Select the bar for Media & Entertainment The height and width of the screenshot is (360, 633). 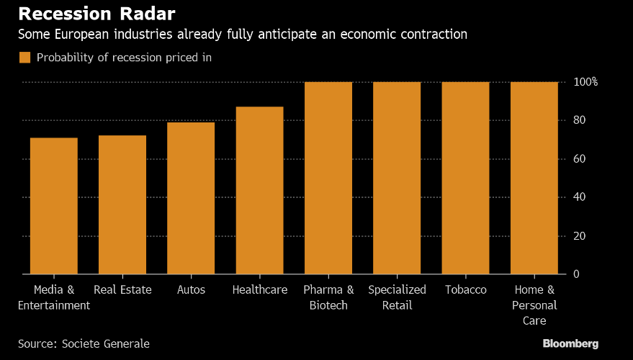pyautogui.click(x=54, y=205)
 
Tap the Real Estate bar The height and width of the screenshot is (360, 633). pyautogui.click(x=122, y=204)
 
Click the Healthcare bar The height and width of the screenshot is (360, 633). pyautogui.click(x=259, y=190)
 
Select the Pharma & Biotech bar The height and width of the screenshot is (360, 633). pyautogui.click(x=328, y=178)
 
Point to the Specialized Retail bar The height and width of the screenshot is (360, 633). pyautogui.click(x=397, y=178)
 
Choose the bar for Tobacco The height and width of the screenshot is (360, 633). pyautogui.click(x=465, y=178)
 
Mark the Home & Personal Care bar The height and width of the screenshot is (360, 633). pyautogui.click(x=534, y=178)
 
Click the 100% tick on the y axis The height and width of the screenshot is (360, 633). pyautogui.click(x=585, y=82)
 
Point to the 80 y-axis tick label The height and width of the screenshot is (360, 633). pyautogui.click(x=580, y=120)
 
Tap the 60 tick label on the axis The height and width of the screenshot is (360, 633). pyautogui.click(x=580, y=158)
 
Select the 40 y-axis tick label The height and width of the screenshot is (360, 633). pyautogui.click(x=580, y=197)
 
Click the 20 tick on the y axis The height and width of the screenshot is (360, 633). pyautogui.click(x=580, y=235)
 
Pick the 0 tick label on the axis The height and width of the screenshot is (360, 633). pyautogui.click(x=577, y=274)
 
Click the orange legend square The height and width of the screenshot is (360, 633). pyautogui.click(x=24, y=58)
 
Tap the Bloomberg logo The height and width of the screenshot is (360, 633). pyautogui.click(x=570, y=344)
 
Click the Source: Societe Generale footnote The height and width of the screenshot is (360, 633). pyautogui.click(x=84, y=344)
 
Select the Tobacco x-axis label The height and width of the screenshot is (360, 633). pyautogui.click(x=465, y=290)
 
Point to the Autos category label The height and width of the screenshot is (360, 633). pyautogui.click(x=191, y=290)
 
